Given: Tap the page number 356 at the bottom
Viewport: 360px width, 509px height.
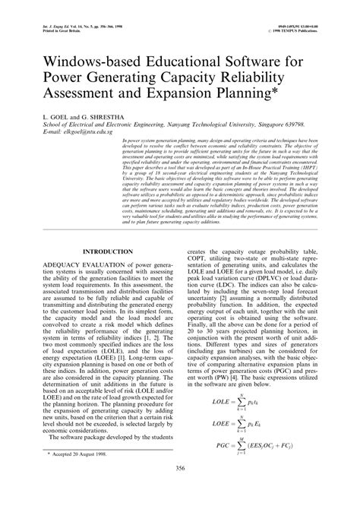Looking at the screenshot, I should click(x=180, y=488).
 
